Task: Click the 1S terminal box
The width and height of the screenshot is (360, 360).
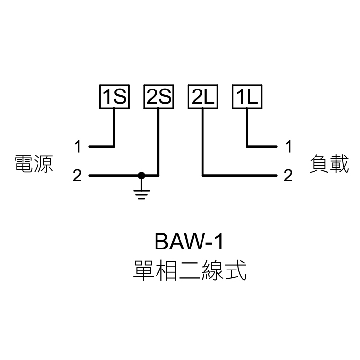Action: pyautogui.click(x=113, y=97)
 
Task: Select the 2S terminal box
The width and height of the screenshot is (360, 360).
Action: pyautogui.click(x=158, y=97)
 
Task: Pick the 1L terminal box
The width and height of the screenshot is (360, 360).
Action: pyautogui.click(x=247, y=97)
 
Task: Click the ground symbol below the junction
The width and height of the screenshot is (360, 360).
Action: pyautogui.click(x=141, y=194)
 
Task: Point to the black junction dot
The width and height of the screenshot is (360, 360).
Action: pyautogui.click(x=141, y=175)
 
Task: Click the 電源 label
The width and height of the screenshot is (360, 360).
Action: pyautogui.click(x=33, y=164)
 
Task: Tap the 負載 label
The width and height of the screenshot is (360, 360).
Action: pyautogui.click(x=329, y=164)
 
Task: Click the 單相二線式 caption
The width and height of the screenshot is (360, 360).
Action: pyautogui.click(x=189, y=270)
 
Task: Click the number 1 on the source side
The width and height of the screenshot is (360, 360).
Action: pyautogui.click(x=78, y=146)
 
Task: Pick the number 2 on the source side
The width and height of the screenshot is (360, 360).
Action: pyautogui.click(x=78, y=175)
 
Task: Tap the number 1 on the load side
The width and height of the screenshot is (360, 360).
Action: pyautogui.click(x=288, y=146)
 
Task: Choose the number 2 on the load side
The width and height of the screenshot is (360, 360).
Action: pyautogui.click(x=288, y=175)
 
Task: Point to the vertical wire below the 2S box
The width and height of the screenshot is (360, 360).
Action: pyautogui.click(x=158, y=142)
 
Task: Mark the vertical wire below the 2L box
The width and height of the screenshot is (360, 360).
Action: pyautogui.click(x=202, y=142)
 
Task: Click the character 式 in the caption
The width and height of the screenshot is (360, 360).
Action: pyautogui.click(x=235, y=270)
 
